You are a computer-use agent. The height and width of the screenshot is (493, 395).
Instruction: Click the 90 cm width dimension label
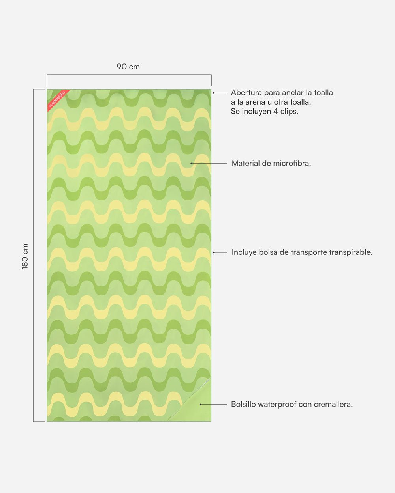[128, 67]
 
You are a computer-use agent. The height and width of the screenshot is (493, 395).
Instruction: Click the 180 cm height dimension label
[25, 256]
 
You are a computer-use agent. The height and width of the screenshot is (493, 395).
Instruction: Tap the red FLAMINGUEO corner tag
[56, 99]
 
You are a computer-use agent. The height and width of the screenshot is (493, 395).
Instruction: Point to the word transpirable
[351, 252]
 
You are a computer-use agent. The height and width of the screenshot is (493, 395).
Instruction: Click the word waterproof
[277, 404]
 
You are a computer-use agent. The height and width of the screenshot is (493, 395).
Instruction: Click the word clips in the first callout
[289, 111]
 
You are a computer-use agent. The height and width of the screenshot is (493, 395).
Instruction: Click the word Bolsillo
[243, 404]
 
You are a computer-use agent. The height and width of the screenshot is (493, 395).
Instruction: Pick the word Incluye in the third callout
[244, 252]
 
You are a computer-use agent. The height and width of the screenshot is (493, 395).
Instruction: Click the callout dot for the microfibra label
[192, 163]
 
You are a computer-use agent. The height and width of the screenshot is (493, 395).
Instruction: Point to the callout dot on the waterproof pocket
[201, 404]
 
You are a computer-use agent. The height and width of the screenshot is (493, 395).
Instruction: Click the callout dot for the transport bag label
[214, 252]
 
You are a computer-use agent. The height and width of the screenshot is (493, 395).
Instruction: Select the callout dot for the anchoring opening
[214, 93]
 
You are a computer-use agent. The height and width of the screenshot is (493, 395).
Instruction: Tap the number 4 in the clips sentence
[275, 111]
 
